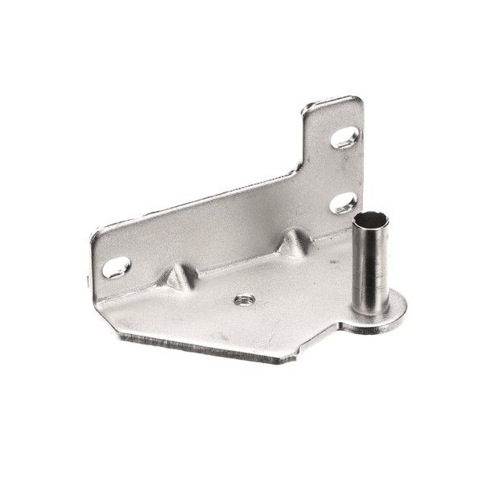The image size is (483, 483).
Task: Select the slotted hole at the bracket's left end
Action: click(116, 266)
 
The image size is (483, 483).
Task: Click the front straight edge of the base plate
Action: click(201, 349)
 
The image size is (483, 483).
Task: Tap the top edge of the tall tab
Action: click(332, 103)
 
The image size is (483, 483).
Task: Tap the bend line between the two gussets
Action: click(233, 266)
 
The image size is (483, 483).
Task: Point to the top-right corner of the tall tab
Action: click(357, 100)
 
